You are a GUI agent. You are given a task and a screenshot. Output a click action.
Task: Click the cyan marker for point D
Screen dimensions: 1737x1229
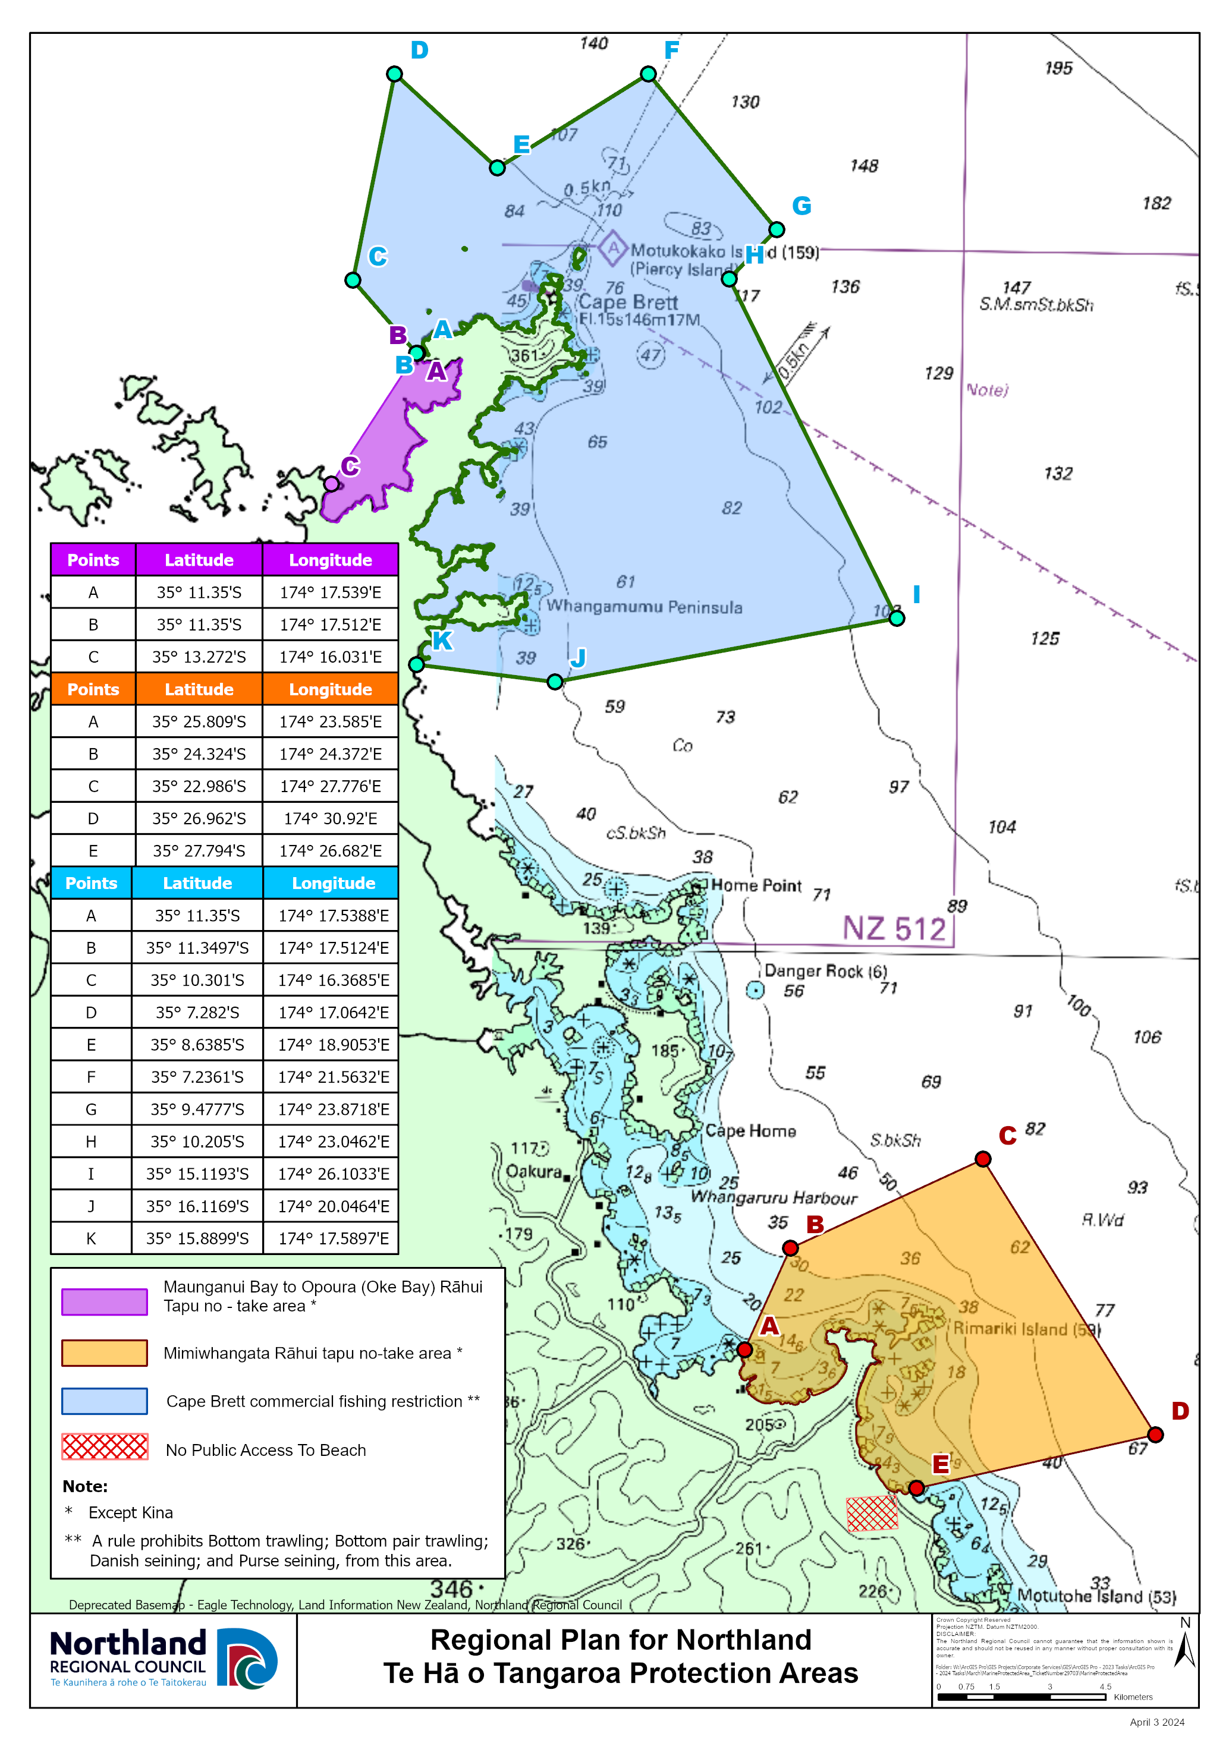[x=394, y=74]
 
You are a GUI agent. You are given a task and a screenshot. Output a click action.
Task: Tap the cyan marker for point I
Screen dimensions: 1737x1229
[x=897, y=618]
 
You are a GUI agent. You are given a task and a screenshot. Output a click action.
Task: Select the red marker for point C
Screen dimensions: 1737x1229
[x=983, y=1159]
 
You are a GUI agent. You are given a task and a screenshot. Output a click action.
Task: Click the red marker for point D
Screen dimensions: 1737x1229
[x=1156, y=1435]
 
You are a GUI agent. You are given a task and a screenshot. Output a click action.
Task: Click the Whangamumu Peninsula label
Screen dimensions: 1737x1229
[x=644, y=607]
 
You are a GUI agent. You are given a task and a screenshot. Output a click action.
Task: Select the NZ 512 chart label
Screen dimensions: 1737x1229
[x=894, y=928]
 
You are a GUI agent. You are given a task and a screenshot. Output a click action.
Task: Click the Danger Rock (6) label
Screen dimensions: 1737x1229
[x=825, y=970]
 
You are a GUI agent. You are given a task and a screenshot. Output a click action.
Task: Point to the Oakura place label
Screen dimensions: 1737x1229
[x=533, y=1171]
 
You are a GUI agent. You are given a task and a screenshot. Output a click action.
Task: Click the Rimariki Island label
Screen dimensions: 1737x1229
[x=1026, y=1329]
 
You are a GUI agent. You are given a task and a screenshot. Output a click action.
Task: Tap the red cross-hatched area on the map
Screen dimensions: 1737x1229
[x=872, y=1513]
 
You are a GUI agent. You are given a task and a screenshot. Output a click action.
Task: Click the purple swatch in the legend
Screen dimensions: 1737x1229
[x=105, y=1302]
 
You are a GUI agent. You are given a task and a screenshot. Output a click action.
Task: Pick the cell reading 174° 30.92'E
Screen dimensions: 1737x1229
[x=330, y=818]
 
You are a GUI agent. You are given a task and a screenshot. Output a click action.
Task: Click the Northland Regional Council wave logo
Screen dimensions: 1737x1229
[x=247, y=1659]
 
